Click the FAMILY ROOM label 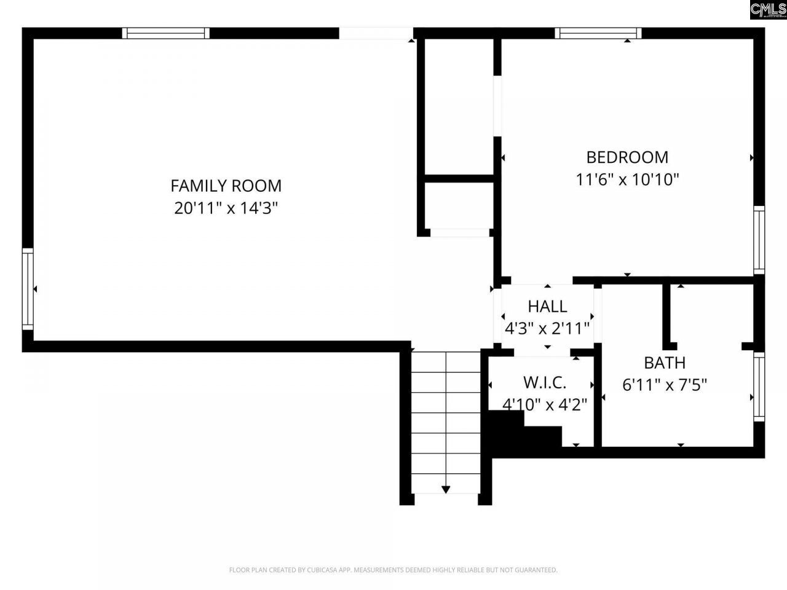226,185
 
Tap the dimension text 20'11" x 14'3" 226,208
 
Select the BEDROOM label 627,157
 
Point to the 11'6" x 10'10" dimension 627,180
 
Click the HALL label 547,306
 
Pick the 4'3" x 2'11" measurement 547,329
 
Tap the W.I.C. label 545,382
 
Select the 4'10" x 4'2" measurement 545,405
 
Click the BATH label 665,363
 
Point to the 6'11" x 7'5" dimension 665,385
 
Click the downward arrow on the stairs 446,489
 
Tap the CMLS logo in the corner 768,10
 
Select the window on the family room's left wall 28,289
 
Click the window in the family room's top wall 165,33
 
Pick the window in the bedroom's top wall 598,33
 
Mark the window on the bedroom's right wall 759,240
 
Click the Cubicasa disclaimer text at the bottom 393,570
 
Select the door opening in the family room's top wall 376,33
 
